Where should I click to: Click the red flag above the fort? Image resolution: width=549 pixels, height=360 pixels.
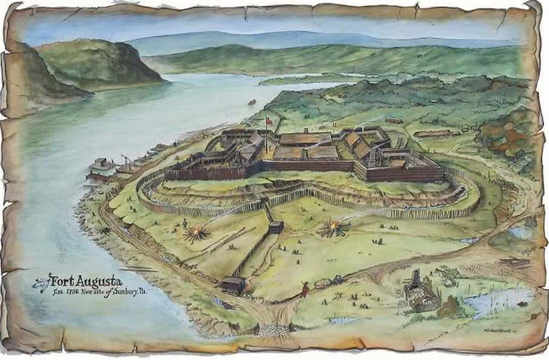270,121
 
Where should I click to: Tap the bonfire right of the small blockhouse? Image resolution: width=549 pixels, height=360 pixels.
331,228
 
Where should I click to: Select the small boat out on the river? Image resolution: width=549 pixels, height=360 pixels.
252,102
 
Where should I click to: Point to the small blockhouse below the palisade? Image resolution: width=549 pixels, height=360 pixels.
276,227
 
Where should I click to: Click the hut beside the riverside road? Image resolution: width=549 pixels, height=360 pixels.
233,284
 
